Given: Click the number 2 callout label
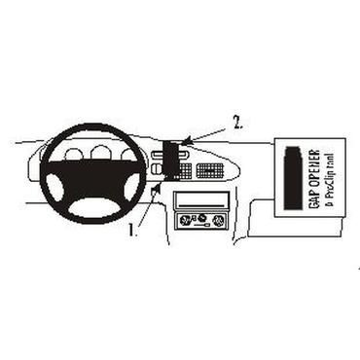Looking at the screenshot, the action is (236, 125).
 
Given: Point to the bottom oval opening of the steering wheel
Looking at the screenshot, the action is (101, 207).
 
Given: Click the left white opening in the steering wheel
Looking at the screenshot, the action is (63, 179).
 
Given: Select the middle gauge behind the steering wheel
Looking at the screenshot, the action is (100, 152).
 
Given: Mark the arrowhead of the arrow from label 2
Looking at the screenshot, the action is (180, 145).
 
